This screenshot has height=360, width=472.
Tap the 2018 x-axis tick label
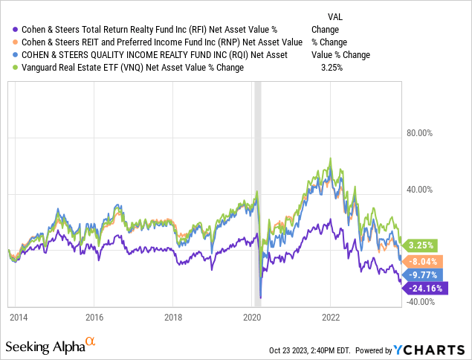172,316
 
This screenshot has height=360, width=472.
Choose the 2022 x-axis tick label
330,316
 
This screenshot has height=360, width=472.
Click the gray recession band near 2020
258,149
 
